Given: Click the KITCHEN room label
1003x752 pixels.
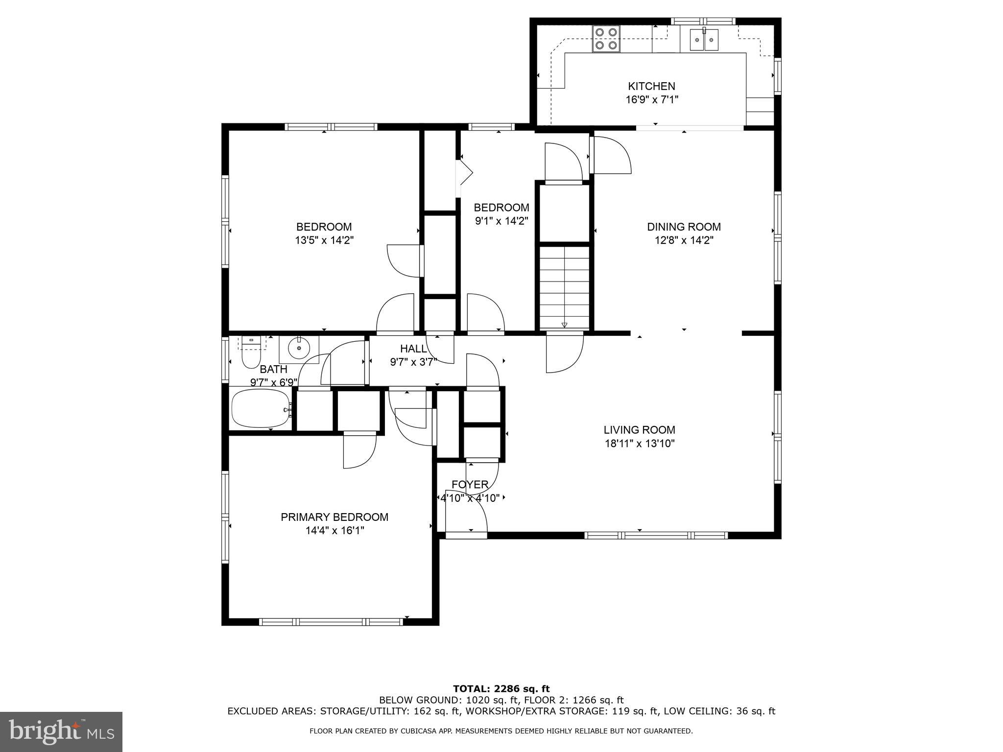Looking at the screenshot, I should coord(651,86).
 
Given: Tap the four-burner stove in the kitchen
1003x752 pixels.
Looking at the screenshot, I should coord(606,39).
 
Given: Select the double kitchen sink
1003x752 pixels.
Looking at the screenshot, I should coord(704,40).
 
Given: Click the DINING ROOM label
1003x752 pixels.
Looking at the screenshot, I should coord(684,227).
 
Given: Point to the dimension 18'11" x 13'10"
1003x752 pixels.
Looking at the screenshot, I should coord(639,444).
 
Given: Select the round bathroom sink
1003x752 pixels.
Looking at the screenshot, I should coord(299,349).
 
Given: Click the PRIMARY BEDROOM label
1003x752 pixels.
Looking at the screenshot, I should coord(334,517).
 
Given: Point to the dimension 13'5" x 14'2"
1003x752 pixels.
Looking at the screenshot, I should coord(324,240).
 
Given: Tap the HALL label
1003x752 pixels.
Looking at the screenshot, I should coord(413,349).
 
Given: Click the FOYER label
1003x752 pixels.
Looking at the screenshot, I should coord(470,485).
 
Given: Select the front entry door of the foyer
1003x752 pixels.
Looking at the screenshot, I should coord(466,535).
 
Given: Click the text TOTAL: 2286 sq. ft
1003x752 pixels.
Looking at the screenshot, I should coord(501,689).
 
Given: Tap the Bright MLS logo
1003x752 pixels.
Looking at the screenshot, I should coord(61,731).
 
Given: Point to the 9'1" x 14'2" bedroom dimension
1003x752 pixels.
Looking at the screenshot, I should coord(501,221).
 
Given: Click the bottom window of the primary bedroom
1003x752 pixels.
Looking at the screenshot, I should coord(331,622).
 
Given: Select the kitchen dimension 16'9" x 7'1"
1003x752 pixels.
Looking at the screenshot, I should coord(651,100).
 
